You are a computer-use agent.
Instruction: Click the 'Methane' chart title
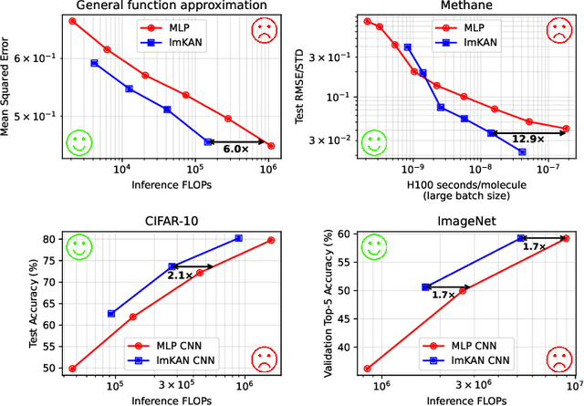coord(463,6)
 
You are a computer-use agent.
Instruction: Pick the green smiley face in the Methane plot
coord(373,141)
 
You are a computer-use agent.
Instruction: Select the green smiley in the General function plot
coord(79,142)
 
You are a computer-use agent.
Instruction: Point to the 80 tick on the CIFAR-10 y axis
coord(51,239)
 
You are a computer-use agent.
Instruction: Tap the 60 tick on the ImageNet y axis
coord(346,234)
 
